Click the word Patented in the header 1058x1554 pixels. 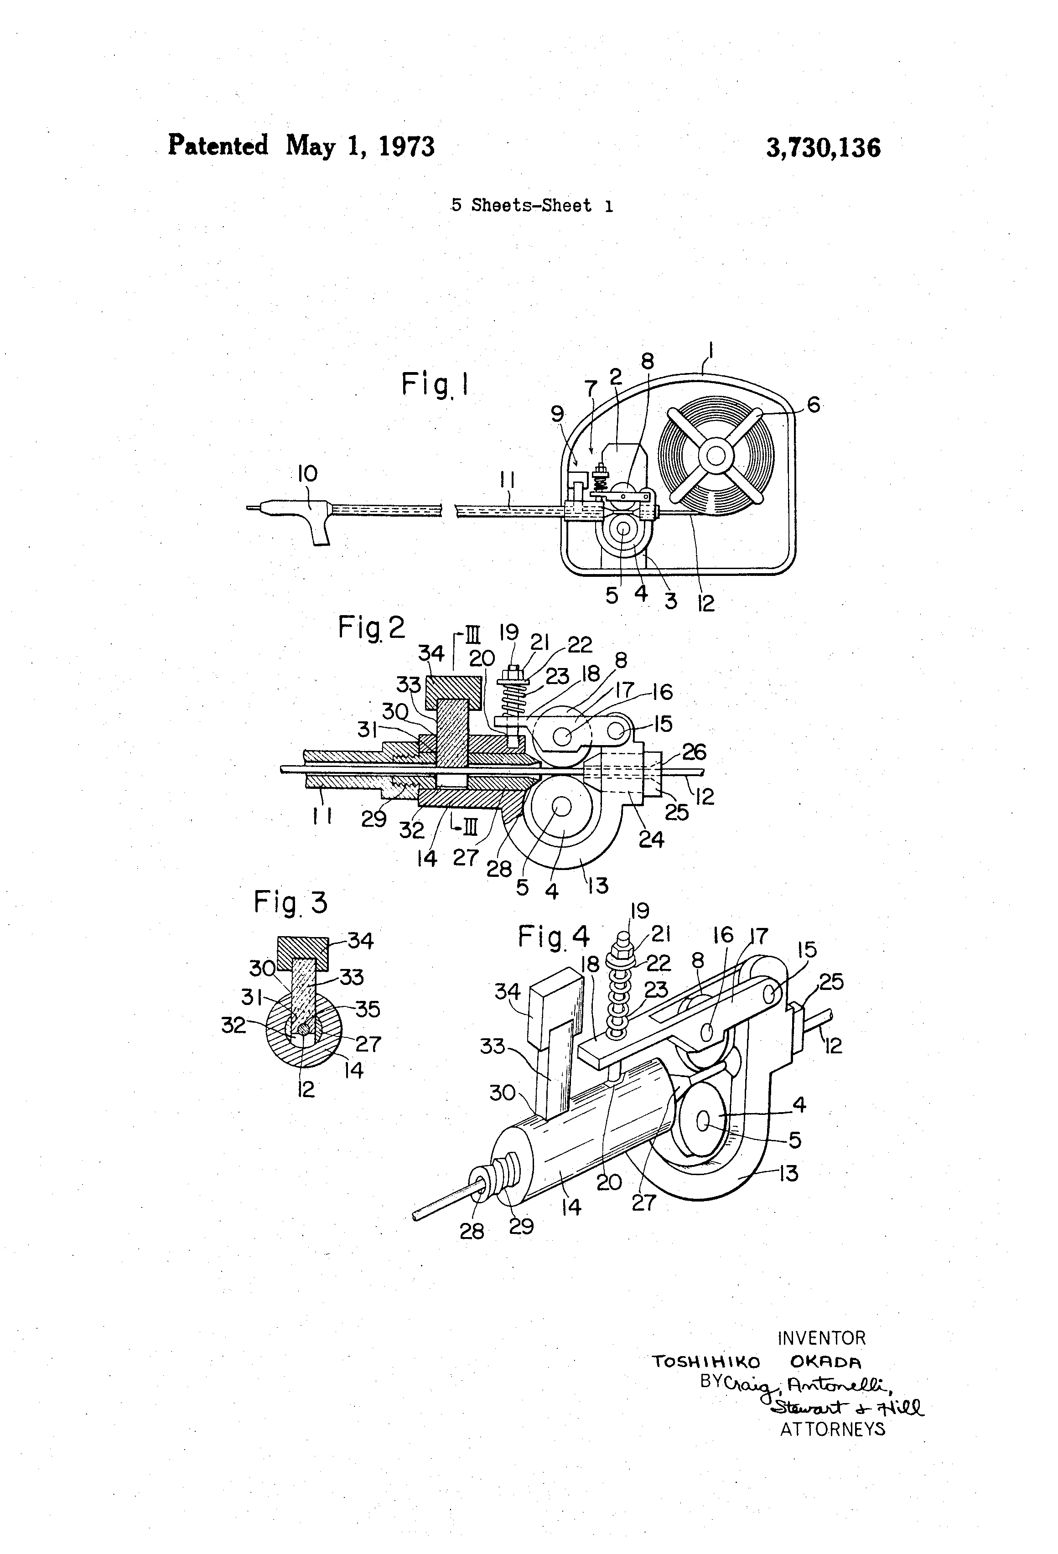[218, 145]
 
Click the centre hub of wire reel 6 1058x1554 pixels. [716, 457]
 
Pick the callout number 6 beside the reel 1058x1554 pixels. [813, 404]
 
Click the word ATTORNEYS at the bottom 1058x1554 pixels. [832, 1429]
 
